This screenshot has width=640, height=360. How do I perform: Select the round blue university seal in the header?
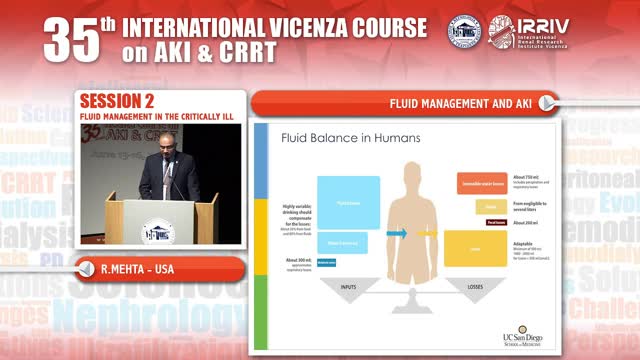point(463,32)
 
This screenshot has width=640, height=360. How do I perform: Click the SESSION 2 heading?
point(116,102)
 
